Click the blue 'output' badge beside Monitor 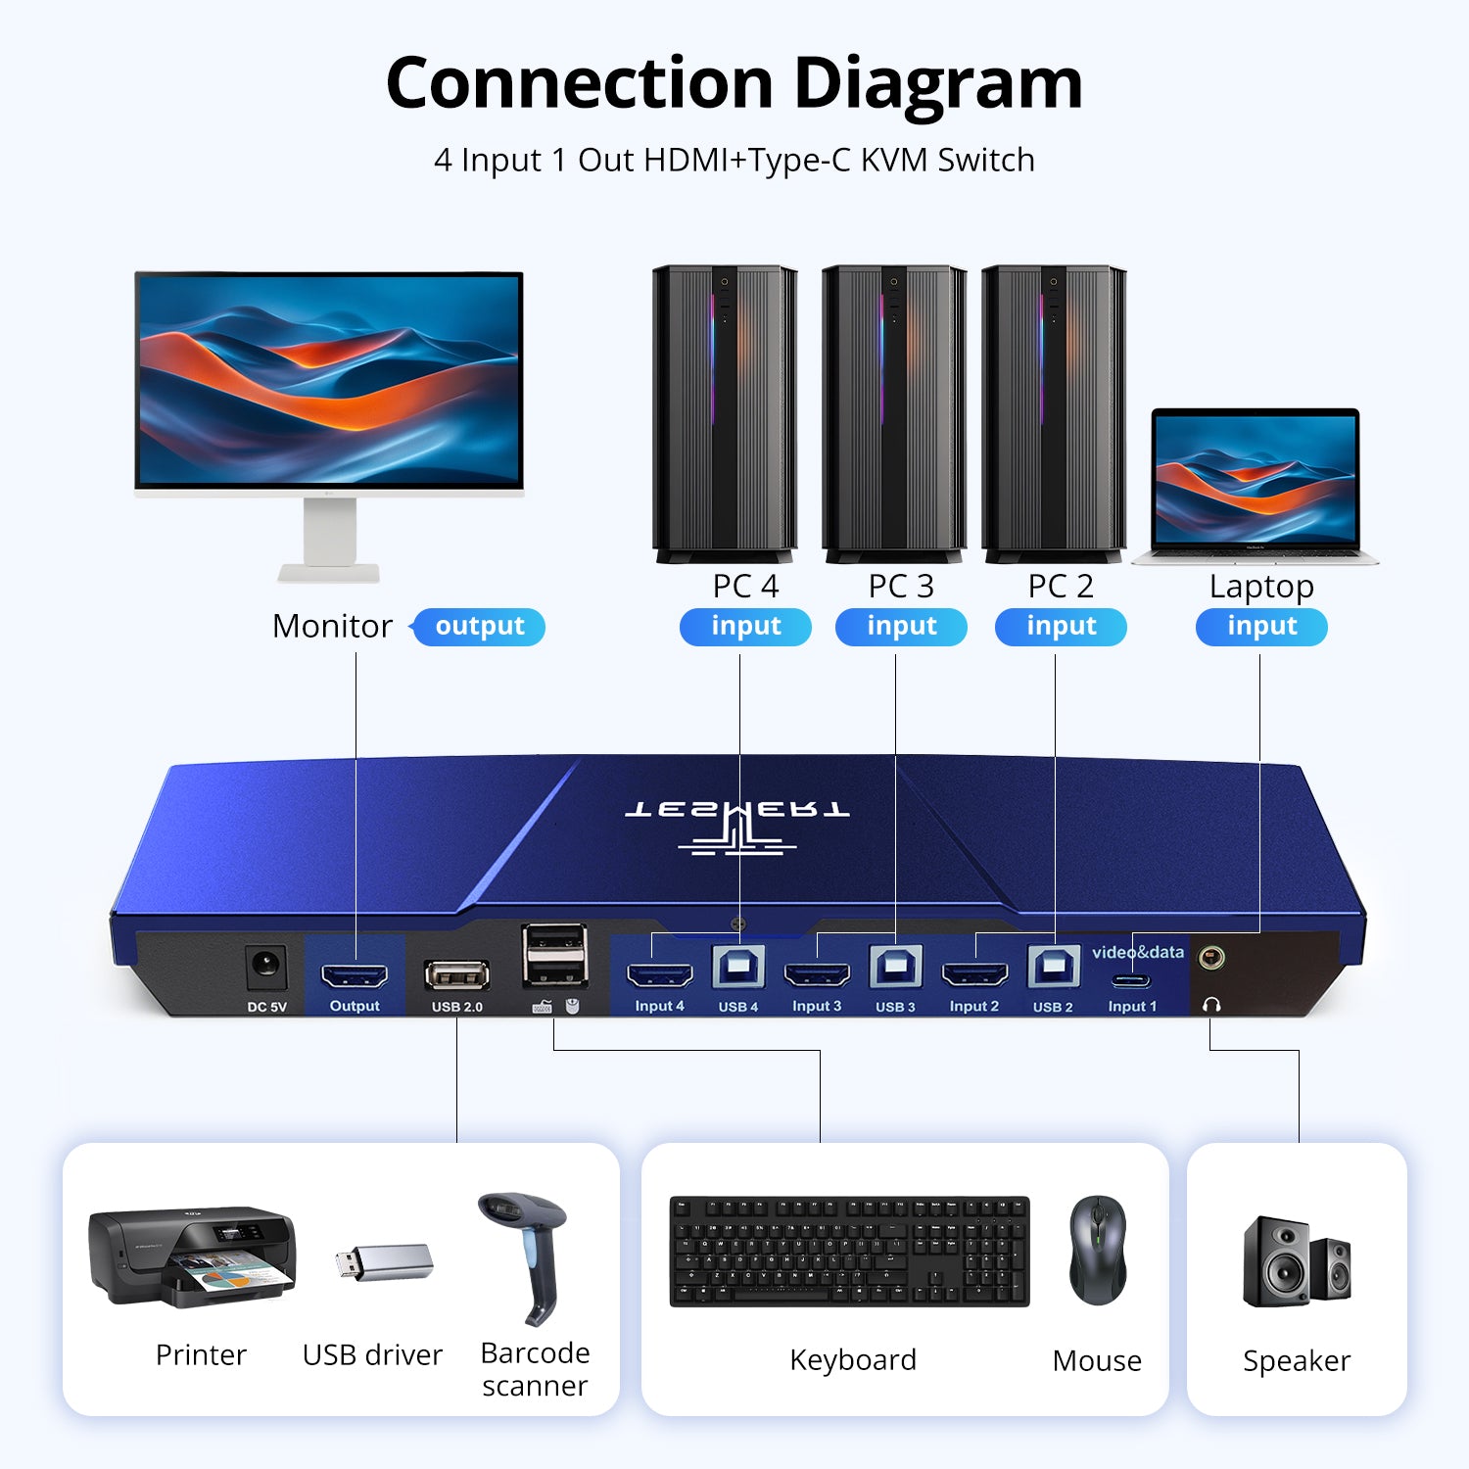(x=479, y=627)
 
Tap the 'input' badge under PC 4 (x=745, y=627)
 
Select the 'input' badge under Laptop (x=1261, y=627)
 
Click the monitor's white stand (x=329, y=539)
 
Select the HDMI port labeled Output (x=355, y=975)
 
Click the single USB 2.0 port (x=457, y=974)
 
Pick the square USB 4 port (x=738, y=969)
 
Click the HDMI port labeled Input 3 (x=817, y=974)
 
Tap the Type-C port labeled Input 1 (x=1132, y=979)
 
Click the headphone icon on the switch (x=1211, y=1005)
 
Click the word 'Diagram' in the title (x=937, y=83)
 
